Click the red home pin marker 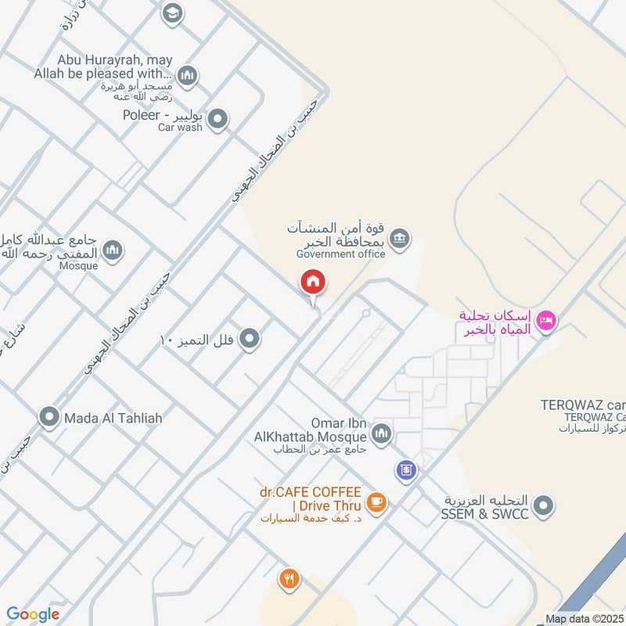(x=313, y=282)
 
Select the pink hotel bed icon (x=547, y=319)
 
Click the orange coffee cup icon (x=376, y=502)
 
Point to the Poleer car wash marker (x=218, y=120)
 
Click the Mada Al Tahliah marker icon (x=50, y=418)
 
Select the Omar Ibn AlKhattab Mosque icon (x=381, y=434)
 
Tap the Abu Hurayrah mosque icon (x=187, y=76)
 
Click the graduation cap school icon (x=172, y=13)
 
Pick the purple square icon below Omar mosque (x=406, y=470)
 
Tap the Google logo (x=33, y=615)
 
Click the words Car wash (x=180, y=128)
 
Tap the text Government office (x=340, y=254)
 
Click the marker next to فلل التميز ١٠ (x=250, y=339)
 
